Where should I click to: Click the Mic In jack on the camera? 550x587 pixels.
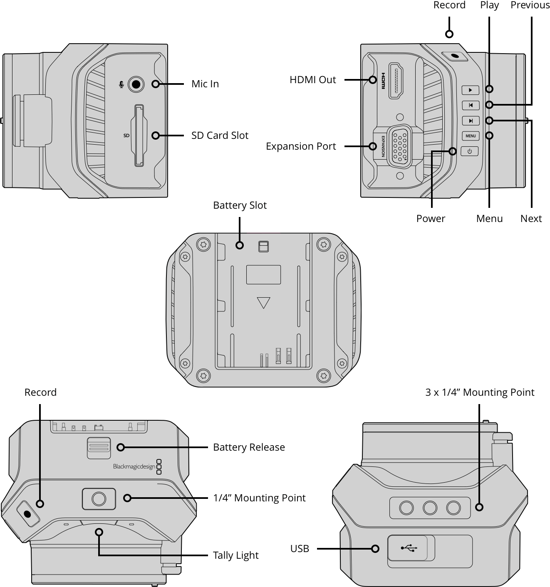tap(136, 84)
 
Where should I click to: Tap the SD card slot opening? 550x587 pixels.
tap(139, 136)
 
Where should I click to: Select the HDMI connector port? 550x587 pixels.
tap(396, 80)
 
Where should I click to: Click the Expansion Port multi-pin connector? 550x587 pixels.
tap(399, 147)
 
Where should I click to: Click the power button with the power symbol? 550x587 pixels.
tap(470, 151)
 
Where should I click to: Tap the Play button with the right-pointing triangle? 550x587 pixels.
tap(471, 90)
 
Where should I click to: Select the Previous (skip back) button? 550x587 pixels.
tap(471, 105)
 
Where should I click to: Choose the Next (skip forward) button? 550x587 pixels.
tap(471, 121)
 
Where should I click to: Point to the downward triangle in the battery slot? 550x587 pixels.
tap(263, 302)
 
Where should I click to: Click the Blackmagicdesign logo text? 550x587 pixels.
tap(134, 466)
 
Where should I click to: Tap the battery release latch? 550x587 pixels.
tap(99, 448)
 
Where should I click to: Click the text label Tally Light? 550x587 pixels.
tap(236, 555)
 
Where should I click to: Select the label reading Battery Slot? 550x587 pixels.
tap(240, 205)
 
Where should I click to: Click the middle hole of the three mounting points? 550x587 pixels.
tap(430, 508)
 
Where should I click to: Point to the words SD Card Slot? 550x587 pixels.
tap(220, 136)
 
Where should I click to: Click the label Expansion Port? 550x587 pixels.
tap(301, 146)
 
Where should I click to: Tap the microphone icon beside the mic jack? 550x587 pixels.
tap(121, 85)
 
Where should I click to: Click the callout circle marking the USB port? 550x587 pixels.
tap(375, 549)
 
